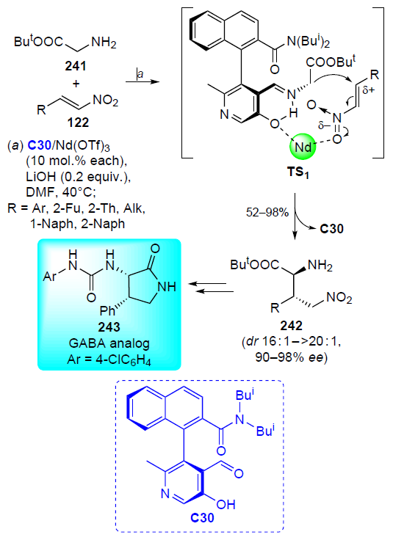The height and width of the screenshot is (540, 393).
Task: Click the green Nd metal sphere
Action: coord(303,147)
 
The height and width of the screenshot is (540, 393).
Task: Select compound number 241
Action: coord(76,65)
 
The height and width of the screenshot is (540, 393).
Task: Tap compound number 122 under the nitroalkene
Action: coord(79,123)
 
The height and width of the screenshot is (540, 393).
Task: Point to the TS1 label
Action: coord(298,172)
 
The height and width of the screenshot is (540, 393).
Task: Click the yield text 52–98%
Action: coord(267,212)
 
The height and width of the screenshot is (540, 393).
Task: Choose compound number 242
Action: coord(292,326)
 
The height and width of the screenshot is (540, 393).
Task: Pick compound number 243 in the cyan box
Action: coord(109,326)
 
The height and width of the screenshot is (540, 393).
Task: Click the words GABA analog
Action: coord(109,343)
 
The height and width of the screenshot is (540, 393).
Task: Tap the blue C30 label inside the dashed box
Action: coord(202,517)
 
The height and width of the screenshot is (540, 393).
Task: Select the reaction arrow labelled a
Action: coord(143,82)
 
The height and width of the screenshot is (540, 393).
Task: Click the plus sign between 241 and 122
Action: coord(76,84)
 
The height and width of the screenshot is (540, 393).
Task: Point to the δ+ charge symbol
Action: coord(369,91)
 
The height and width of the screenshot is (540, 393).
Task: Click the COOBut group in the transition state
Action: coord(331,62)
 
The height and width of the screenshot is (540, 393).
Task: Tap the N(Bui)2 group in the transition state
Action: coord(309,42)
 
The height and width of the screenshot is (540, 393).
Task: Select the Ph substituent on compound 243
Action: coord(107,311)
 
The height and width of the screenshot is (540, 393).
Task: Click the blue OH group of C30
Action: coord(226,505)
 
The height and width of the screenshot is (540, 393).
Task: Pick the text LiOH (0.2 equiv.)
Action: coord(79,177)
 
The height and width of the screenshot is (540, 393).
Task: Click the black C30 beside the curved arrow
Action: coord(331,229)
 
